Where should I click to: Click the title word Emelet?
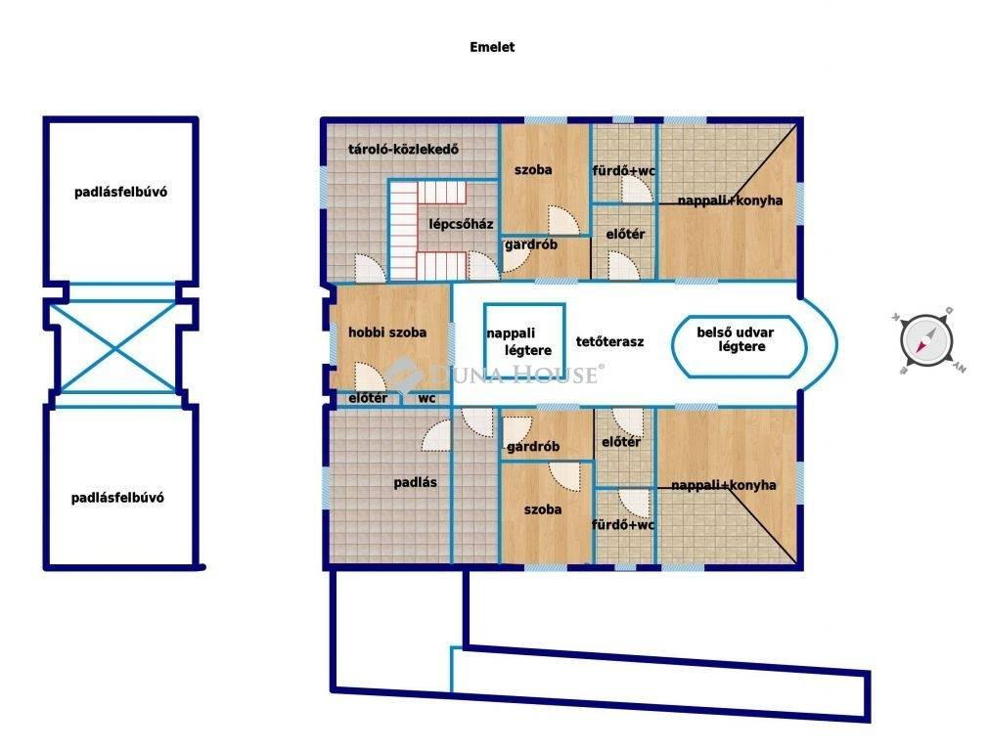click(492, 47)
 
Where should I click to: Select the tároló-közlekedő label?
click(403, 150)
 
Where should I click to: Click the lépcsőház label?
click(461, 224)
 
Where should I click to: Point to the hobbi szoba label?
click(387, 332)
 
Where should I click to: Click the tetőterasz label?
click(609, 342)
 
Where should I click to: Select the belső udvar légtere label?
click(736, 339)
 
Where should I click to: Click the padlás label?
click(415, 483)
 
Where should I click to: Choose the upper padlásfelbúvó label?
click(121, 192)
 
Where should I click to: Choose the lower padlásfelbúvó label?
click(117, 498)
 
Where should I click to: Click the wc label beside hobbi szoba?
click(426, 398)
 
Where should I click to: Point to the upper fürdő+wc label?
click(624, 170)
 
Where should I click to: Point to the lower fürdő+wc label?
click(622, 524)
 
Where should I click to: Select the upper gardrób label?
click(530, 244)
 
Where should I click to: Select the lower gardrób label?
click(532, 446)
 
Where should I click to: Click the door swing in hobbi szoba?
click(370, 377)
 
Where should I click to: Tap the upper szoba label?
click(533, 170)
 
